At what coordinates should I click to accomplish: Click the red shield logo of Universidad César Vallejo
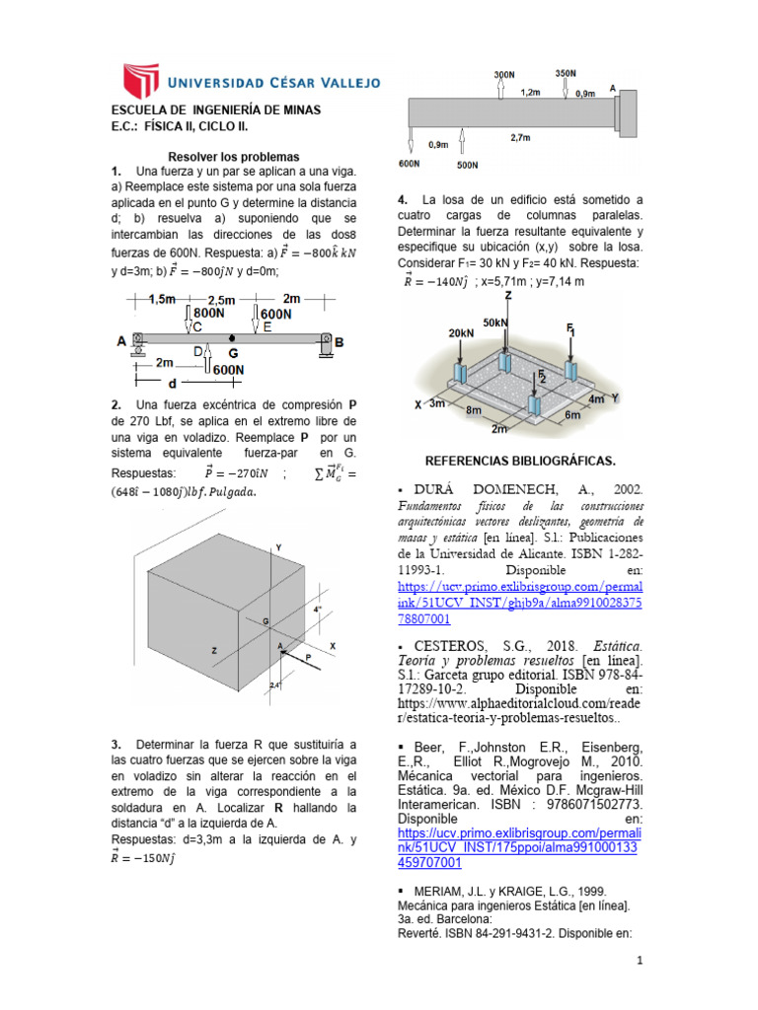pyautogui.click(x=140, y=81)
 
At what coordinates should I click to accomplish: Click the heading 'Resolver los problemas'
pyautogui.click(x=234, y=157)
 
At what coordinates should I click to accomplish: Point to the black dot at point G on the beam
pyautogui.click(x=231, y=338)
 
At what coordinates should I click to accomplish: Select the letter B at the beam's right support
pyautogui.click(x=340, y=341)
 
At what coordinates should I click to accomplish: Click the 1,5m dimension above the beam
pyautogui.click(x=163, y=299)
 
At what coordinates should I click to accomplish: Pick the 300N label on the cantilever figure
pyautogui.click(x=504, y=75)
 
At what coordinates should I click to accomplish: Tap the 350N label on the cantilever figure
pyautogui.click(x=566, y=74)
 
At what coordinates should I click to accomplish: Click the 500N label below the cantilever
pyautogui.click(x=468, y=165)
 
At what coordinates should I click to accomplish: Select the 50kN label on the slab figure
pyautogui.click(x=495, y=323)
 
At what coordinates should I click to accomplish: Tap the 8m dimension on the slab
pyautogui.click(x=475, y=409)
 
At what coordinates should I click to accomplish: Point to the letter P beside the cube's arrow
pyautogui.click(x=308, y=655)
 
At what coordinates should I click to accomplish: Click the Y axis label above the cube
pyautogui.click(x=279, y=545)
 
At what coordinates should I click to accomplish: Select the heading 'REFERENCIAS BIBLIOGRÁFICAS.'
pyautogui.click(x=519, y=461)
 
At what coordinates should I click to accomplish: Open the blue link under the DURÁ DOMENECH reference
pyautogui.click(x=519, y=602)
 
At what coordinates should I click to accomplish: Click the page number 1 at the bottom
pyautogui.click(x=639, y=960)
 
